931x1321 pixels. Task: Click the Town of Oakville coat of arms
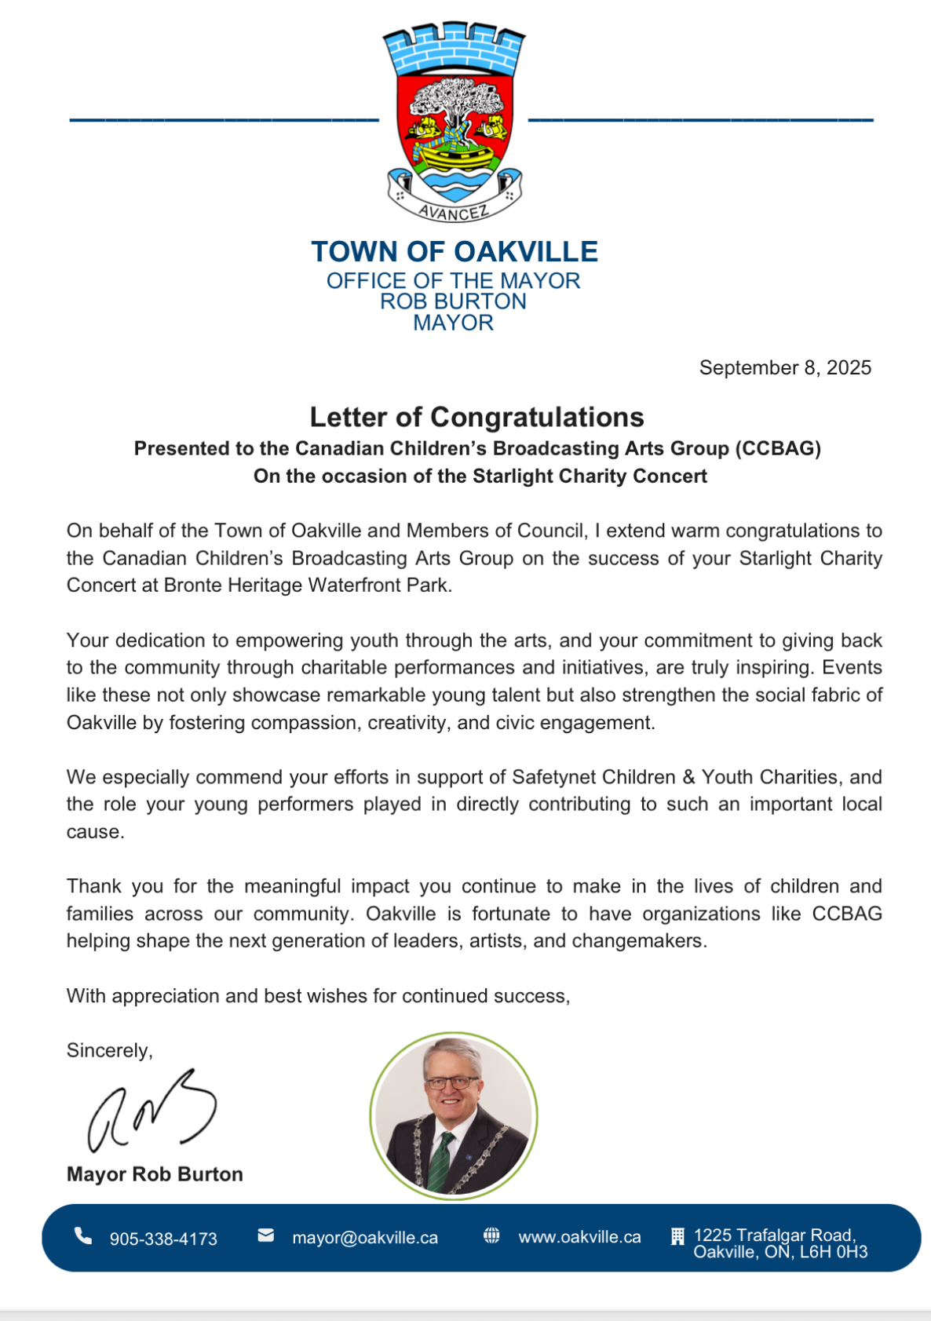pyautogui.click(x=454, y=122)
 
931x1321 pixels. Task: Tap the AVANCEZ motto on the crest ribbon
pyautogui.click(x=453, y=212)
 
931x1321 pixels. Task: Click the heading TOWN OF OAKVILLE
pyautogui.click(x=455, y=252)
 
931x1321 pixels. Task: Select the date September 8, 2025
pyautogui.click(x=785, y=367)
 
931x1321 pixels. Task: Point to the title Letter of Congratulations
pyautogui.click(x=476, y=417)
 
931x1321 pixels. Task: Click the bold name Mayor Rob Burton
pyautogui.click(x=155, y=1174)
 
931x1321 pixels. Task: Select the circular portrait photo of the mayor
pyautogui.click(x=454, y=1115)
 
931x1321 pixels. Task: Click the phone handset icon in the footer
pyautogui.click(x=82, y=1236)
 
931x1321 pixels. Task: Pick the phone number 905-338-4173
pyautogui.click(x=163, y=1239)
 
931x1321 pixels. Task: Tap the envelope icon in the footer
pyautogui.click(x=266, y=1235)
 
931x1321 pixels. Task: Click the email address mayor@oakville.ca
pyautogui.click(x=365, y=1238)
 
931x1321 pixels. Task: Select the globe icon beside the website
pyautogui.click(x=491, y=1235)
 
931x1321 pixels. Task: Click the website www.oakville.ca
pyautogui.click(x=579, y=1237)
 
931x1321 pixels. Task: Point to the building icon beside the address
pyautogui.click(x=677, y=1237)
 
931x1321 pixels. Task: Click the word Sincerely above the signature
pyautogui.click(x=109, y=1050)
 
